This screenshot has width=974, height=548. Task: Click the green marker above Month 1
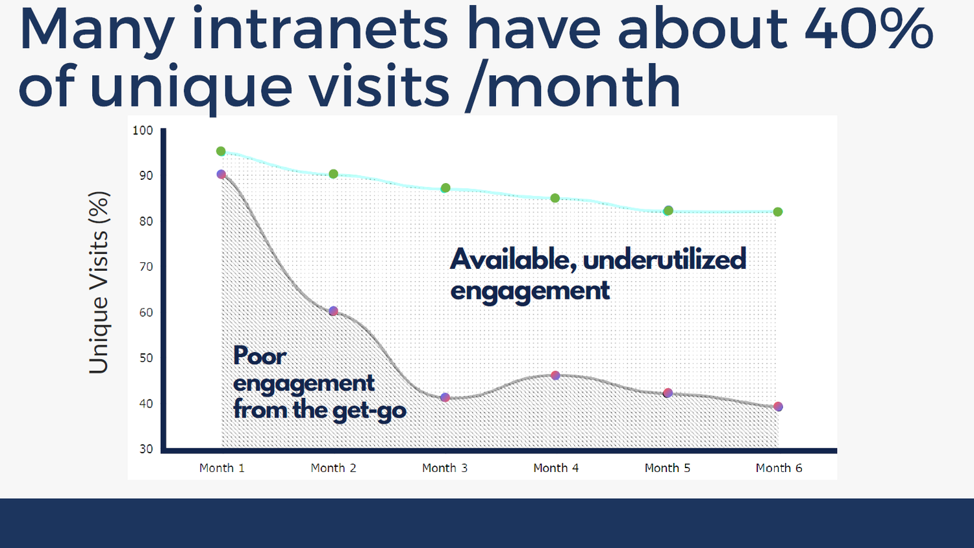pyautogui.click(x=221, y=151)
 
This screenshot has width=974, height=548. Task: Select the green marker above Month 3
pyautogui.click(x=445, y=188)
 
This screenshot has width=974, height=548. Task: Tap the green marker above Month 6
pyautogui.click(x=778, y=212)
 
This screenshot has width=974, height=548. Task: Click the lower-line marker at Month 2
pyautogui.click(x=333, y=311)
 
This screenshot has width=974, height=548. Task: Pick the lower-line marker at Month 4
pyautogui.click(x=555, y=375)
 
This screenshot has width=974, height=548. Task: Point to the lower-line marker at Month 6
pyautogui.click(x=778, y=406)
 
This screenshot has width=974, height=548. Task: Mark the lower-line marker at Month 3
pyautogui.click(x=445, y=397)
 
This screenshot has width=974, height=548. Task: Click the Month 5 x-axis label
pyautogui.click(x=667, y=468)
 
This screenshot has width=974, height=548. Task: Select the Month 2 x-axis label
pyautogui.click(x=333, y=468)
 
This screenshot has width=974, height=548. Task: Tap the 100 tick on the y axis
pyautogui.click(x=143, y=131)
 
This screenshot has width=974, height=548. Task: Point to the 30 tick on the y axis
pyautogui.click(x=146, y=449)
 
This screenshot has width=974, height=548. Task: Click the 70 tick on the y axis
pyautogui.click(x=146, y=267)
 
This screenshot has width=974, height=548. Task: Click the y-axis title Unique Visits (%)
pyautogui.click(x=99, y=282)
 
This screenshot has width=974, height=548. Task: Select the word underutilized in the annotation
pyautogui.click(x=664, y=260)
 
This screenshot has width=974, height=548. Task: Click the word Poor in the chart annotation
pyautogui.click(x=259, y=356)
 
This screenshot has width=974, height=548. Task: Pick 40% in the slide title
pyautogui.click(x=868, y=29)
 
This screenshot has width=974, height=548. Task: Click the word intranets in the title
pyautogui.click(x=319, y=29)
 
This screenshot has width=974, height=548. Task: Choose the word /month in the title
pyautogui.click(x=573, y=86)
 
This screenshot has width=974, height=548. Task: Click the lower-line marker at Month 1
pyautogui.click(x=221, y=174)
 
